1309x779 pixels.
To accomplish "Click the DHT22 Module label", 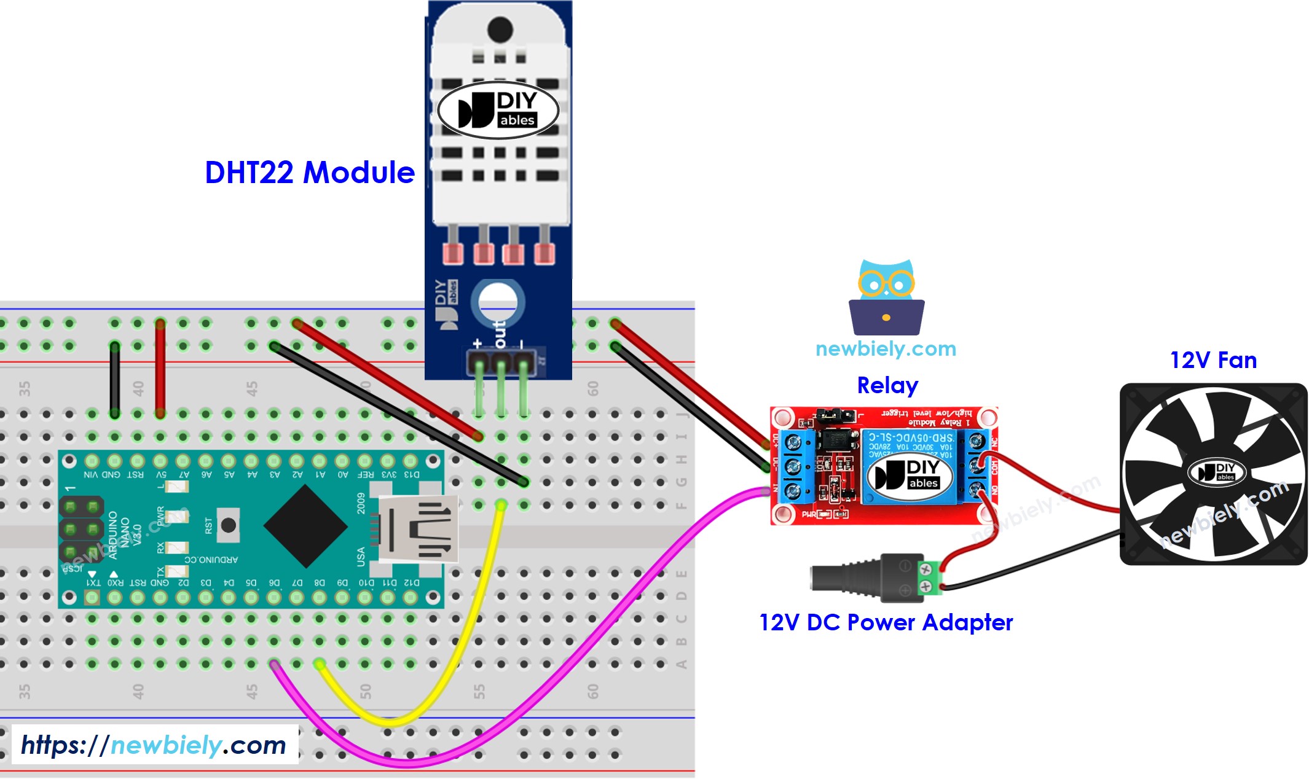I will click(x=310, y=173).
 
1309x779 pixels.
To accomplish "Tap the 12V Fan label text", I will click(x=1213, y=360).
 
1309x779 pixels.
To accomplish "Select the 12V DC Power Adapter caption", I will click(x=886, y=622).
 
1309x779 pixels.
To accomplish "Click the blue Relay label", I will click(x=887, y=385).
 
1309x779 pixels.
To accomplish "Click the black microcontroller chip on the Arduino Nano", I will click(x=305, y=526).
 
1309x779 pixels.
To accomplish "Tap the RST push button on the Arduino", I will click(x=228, y=525).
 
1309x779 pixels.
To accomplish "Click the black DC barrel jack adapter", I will click(x=860, y=577).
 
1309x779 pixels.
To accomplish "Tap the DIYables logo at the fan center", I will click(x=1216, y=472).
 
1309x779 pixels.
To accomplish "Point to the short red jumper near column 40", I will click(x=160, y=369).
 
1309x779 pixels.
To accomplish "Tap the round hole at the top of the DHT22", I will click(x=500, y=29).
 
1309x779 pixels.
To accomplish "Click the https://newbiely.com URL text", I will click(x=154, y=745).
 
